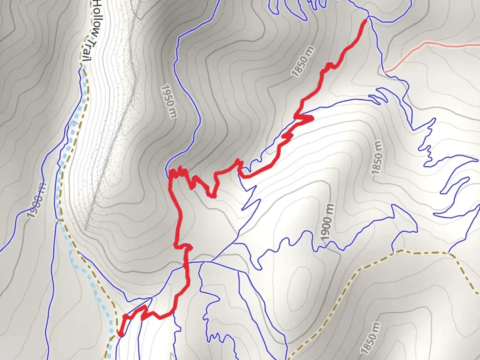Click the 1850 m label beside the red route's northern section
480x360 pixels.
pyautogui.click(x=303, y=62)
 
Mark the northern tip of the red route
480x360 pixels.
pyautogui.click(x=365, y=21)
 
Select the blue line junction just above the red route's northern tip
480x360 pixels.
pyautogui.click(x=368, y=16)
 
